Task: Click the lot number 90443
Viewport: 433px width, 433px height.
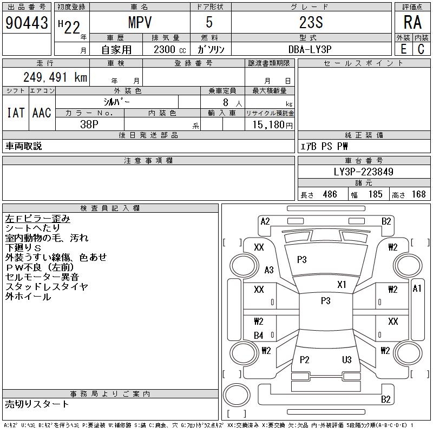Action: click(27, 23)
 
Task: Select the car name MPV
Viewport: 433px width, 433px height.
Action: click(139, 23)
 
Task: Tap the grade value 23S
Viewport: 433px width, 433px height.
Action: click(311, 23)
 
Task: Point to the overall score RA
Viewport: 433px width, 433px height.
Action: click(412, 23)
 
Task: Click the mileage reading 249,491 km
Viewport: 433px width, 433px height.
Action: click(55, 77)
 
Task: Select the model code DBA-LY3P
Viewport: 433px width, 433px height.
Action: click(311, 49)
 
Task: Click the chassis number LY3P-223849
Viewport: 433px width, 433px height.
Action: click(363, 172)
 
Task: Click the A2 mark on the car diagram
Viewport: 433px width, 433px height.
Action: click(265, 221)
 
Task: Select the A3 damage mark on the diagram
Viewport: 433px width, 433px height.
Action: click(269, 270)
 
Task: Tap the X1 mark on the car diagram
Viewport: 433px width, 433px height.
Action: click(342, 284)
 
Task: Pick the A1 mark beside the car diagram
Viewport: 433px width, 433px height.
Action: click(417, 288)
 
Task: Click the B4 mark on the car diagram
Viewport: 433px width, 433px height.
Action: click(259, 336)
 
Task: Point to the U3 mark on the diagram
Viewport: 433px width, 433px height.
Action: click(347, 359)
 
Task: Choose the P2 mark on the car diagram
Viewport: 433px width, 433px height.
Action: click(305, 359)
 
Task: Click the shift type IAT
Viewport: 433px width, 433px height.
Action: click(15, 113)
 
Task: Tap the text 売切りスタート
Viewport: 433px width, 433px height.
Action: click(37, 404)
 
